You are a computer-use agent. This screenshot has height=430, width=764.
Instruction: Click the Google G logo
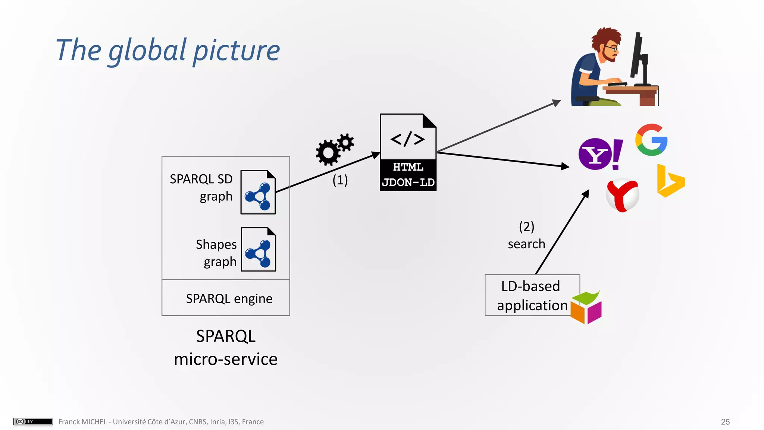[x=651, y=140]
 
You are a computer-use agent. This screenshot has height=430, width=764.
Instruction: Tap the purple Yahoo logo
[x=600, y=154]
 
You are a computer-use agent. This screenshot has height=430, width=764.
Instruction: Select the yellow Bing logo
[x=670, y=181]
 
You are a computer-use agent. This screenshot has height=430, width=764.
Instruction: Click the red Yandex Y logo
[x=622, y=195]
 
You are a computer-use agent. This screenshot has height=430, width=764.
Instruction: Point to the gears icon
[x=334, y=149]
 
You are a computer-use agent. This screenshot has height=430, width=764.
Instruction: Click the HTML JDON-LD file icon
[x=408, y=152]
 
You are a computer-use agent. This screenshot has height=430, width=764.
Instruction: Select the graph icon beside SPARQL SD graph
[x=258, y=193]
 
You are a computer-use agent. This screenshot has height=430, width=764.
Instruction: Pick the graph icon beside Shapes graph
[x=258, y=249]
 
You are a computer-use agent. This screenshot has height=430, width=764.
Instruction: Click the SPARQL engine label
[x=229, y=299]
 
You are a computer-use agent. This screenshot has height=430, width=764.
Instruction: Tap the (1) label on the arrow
[x=340, y=180]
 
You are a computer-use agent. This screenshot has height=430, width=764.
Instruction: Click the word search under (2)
[x=526, y=244]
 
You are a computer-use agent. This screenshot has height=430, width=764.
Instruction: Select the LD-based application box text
[x=531, y=296]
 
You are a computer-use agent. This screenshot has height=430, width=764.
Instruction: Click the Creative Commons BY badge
[x=33, y=421]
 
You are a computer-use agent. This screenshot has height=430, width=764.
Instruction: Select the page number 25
[x=725, y=422]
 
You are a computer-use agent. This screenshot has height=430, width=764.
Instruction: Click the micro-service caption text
[x=226, y=359]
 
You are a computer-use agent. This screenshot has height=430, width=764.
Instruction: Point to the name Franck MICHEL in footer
[x=82, y=422]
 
